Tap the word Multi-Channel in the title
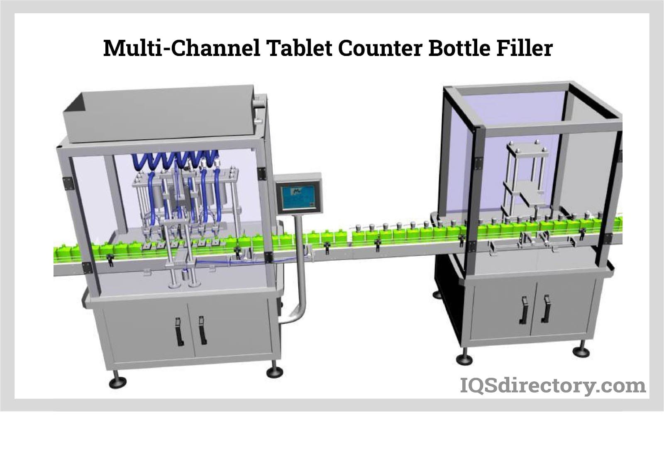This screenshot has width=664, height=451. (x=182, y=48)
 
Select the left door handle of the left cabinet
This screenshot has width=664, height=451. (x=179, y=331)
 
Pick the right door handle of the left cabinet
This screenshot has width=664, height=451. (x=202, y=330)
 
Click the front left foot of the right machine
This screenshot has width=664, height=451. (x=463, y=357)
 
